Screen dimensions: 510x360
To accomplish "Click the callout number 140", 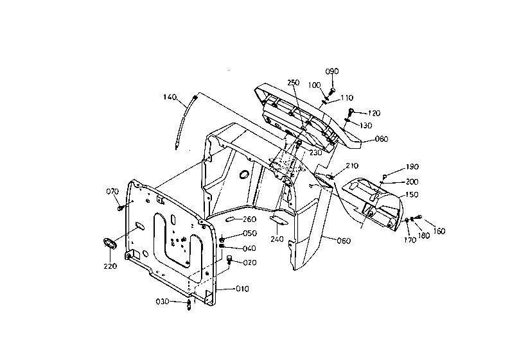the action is pos(170,97).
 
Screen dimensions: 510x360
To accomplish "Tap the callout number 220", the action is pos(110,266).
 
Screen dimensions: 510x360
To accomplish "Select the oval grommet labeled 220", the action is pos(110,244).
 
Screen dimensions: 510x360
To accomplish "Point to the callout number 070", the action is pos(112,192).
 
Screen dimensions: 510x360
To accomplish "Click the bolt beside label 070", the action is pos(120,207).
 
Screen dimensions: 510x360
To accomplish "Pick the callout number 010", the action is pos(242,289).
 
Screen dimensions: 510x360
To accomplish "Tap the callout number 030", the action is pos(163,302).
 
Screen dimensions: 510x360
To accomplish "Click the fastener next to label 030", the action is pos(189,305).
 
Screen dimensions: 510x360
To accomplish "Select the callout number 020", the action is pos(250,262).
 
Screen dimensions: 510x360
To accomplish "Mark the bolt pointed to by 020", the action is pos(230,260).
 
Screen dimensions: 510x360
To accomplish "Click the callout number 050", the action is pos(250,234).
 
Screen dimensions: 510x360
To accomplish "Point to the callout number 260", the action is pos(249,219).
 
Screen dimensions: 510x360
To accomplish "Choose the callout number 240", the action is pos(277,239).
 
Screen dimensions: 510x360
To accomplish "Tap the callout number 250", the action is pos(293,83).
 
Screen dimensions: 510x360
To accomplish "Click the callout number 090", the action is pos(332,71).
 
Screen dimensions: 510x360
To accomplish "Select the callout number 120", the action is pos(374,113).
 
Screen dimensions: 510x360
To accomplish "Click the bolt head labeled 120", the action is pos(351,111).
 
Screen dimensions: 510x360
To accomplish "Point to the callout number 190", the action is pos(412,167).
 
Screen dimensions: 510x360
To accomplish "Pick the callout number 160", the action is pos(439,231).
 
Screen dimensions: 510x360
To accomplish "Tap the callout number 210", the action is pos(352,166).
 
